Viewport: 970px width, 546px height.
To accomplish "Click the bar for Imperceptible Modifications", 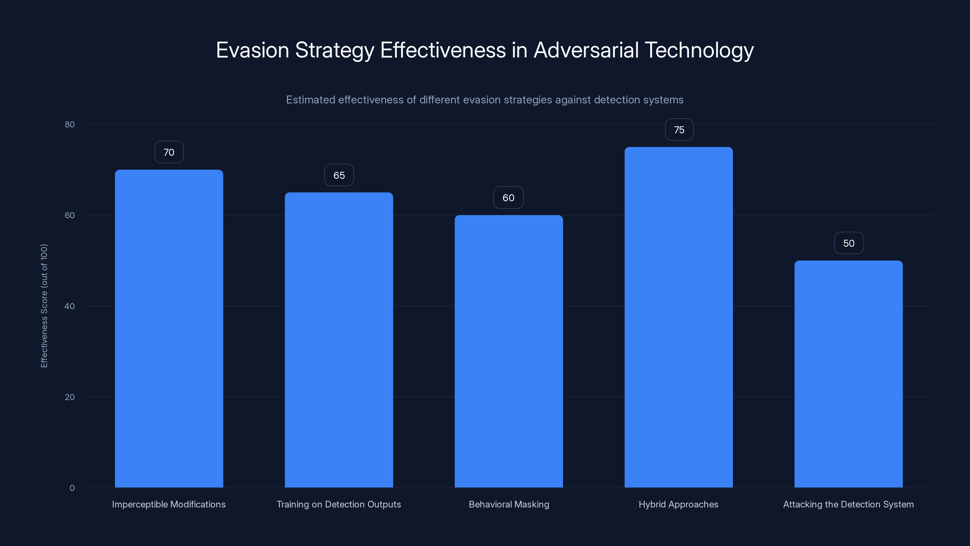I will tap(169, 328).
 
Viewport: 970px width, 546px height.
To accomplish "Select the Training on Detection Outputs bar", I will tap(339, 339).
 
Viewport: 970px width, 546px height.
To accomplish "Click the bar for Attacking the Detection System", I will tap(848, 373).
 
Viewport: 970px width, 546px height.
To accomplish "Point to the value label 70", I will tap(169, 152).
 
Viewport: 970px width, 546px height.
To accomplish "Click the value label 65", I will tap(339, 175).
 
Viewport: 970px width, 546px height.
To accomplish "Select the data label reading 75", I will tap(679, 130).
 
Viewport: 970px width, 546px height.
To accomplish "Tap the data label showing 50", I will tap(849, 243).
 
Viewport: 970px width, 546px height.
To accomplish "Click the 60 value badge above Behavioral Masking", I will tap(508, 198).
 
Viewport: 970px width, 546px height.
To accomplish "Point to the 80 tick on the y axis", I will tap(70, 124).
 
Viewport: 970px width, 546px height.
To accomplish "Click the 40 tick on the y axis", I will tap(70, 306).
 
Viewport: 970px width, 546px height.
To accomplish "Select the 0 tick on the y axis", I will tap(72, 488).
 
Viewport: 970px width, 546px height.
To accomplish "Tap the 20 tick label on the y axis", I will tap(70, 397).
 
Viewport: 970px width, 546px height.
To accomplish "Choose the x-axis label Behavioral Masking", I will tap(509, 504).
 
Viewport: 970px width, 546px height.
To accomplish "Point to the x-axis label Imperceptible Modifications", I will tap(169, 504).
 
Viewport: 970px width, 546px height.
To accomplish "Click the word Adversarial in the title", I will tap(586, 50).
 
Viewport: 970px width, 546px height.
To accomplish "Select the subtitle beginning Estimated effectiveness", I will tap(485, 100).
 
